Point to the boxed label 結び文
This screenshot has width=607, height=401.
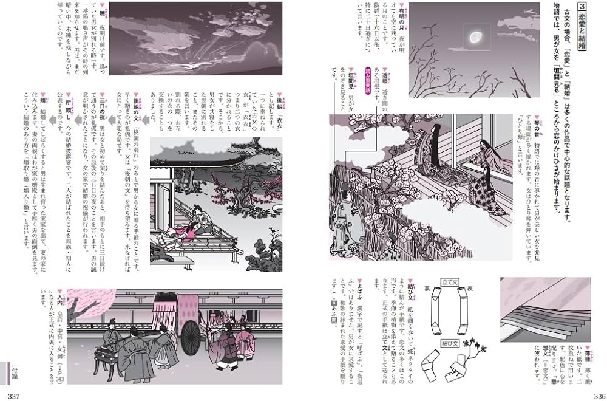(450, 342)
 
